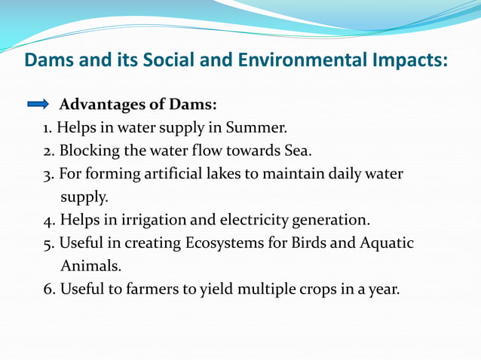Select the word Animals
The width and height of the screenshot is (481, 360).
(89, 267)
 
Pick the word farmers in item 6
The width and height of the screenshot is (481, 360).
(144, 290)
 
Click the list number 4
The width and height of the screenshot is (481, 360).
(48, 221)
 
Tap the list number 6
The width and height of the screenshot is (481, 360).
(48, 290)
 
